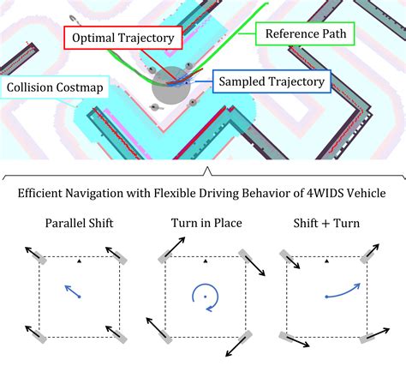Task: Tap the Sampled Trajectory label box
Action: [270, 82]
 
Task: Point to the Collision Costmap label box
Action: [53, 87]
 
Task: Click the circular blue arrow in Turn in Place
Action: [204, 296]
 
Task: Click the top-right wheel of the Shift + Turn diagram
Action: [369, 255]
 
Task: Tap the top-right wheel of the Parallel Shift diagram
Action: [116, 255]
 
